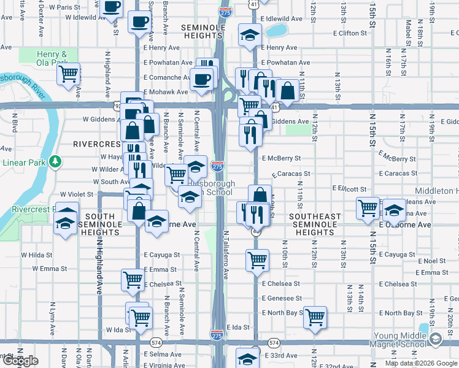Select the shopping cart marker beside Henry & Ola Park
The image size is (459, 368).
coord(69,74)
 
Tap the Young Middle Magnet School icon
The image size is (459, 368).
coord(435,339)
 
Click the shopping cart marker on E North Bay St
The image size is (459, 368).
coord(315,317)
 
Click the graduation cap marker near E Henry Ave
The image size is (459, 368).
coord(249,35)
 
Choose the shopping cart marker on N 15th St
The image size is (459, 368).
coord(368,208)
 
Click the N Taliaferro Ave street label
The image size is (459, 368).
coord(226,255)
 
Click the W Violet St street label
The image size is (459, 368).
coord(76,194)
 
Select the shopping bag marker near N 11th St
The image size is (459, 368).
coord(287,91)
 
